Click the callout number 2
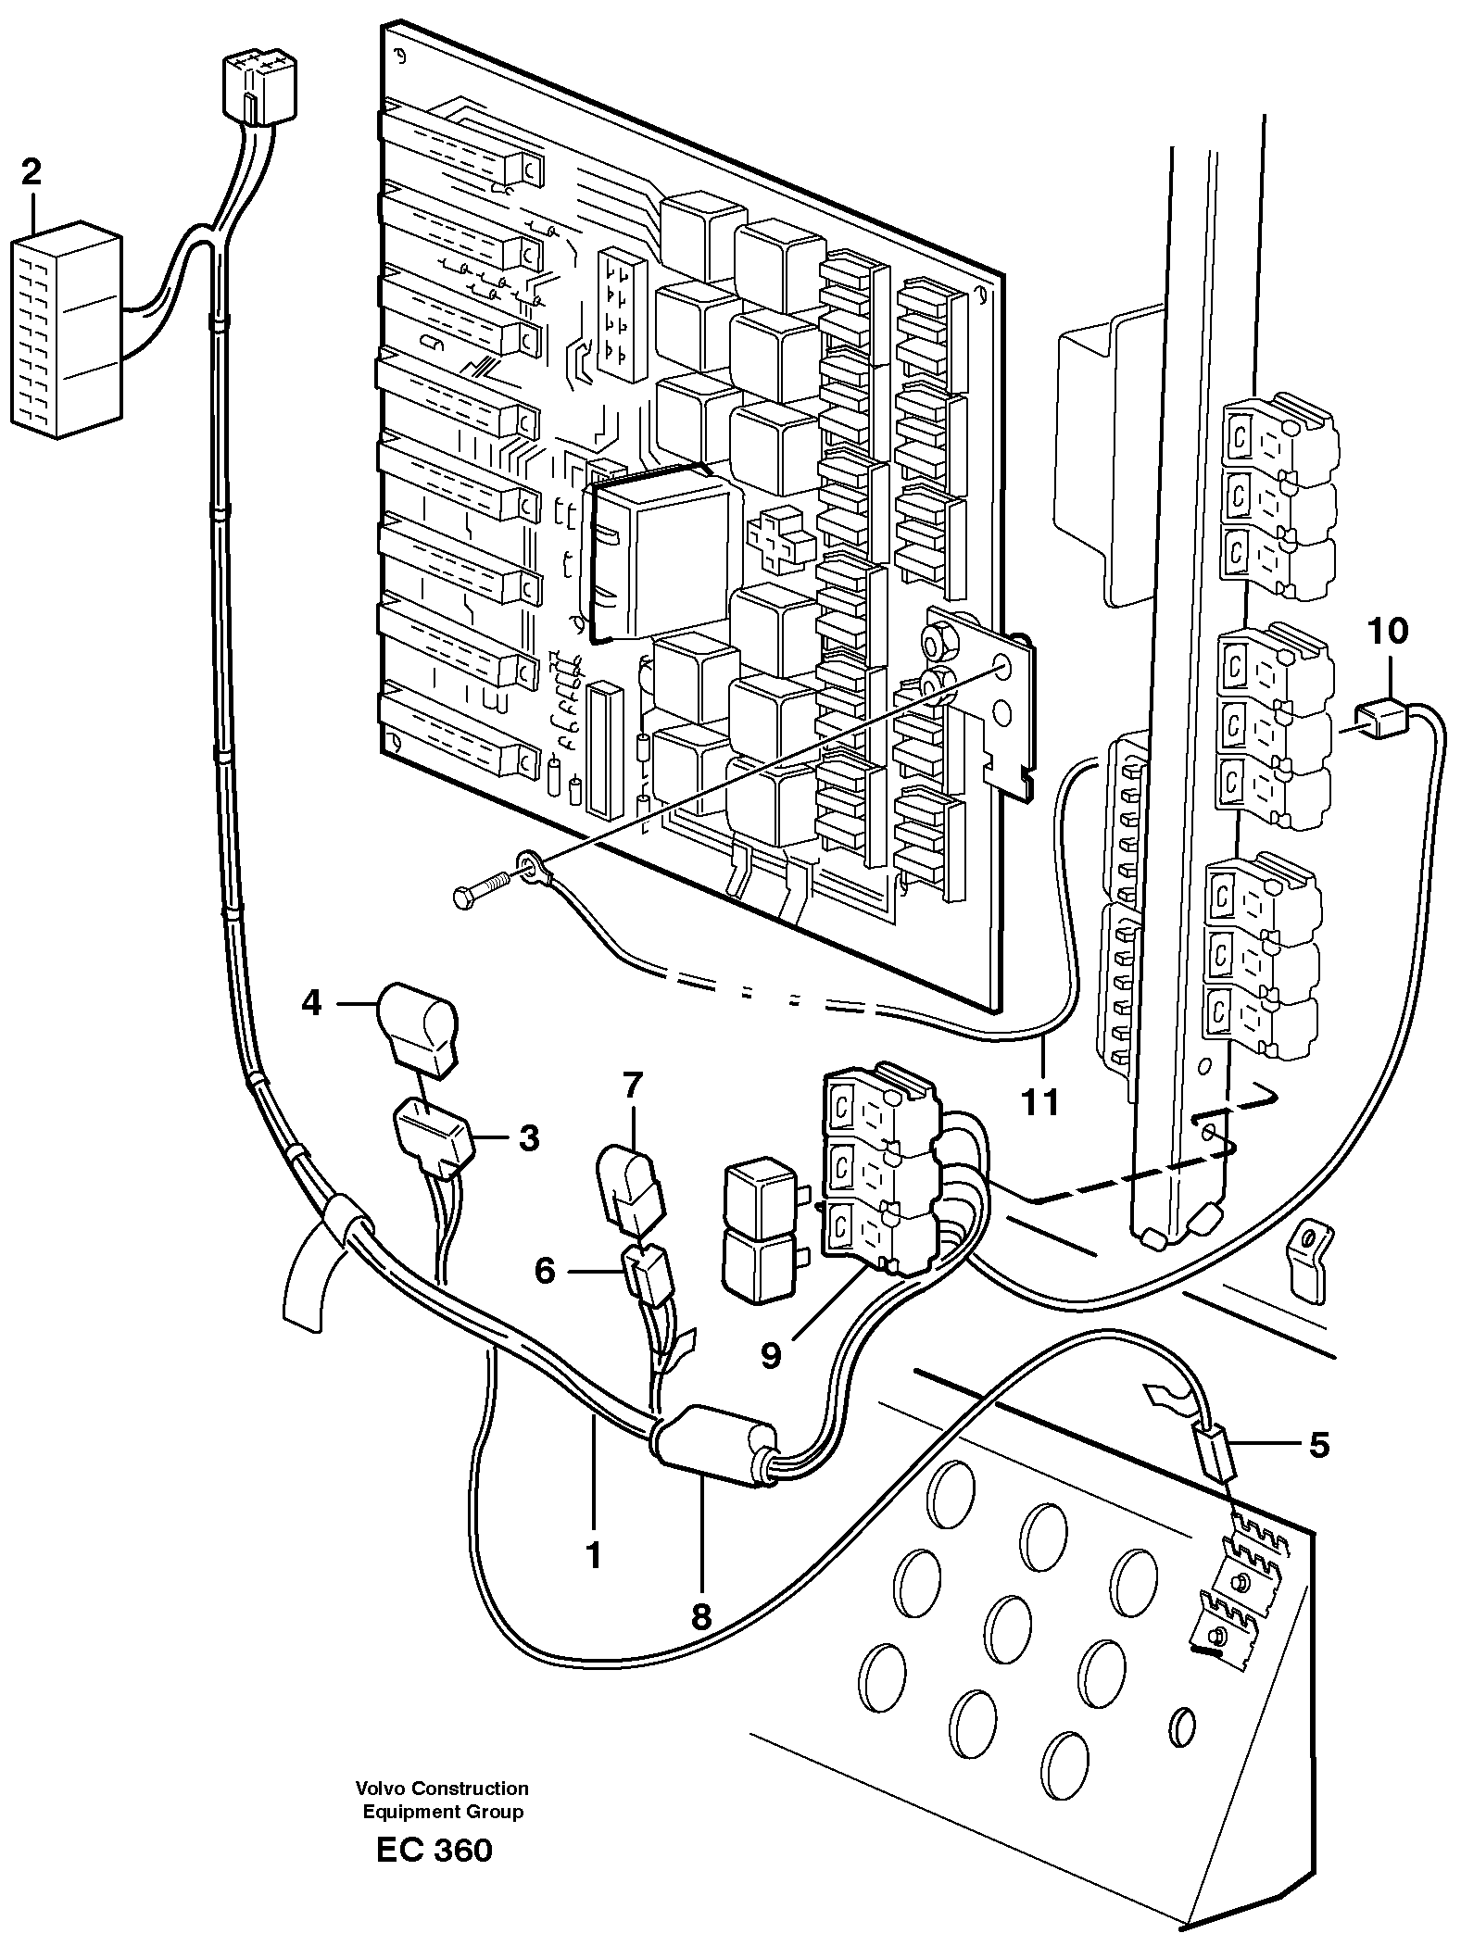click(31, 172)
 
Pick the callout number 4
click(311, 1002)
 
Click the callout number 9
click(771, 1356)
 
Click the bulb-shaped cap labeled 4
click(416, 1026)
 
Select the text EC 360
click(435, 1877)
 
